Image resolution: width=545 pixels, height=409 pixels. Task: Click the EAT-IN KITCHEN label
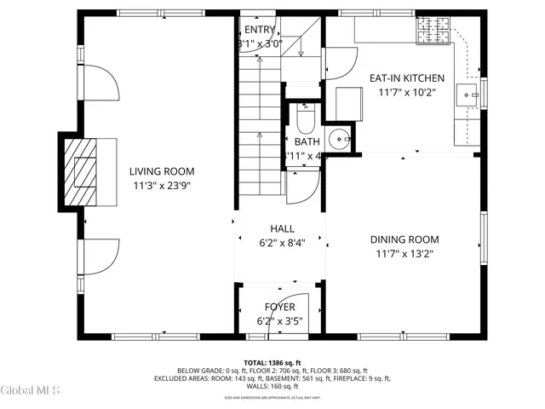[x=406, y=78]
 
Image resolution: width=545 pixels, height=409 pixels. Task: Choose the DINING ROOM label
[x=404, y=239]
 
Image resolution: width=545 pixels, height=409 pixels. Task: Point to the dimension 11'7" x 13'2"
[x=404, y=253]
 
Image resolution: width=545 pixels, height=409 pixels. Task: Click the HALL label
[x=282, y=228]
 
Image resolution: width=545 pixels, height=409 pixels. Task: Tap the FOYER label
[x=280, y=307]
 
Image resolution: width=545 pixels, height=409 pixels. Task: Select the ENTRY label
[x=260, y=30]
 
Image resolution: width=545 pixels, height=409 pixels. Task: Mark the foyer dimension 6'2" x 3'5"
[x=280, y=321]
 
